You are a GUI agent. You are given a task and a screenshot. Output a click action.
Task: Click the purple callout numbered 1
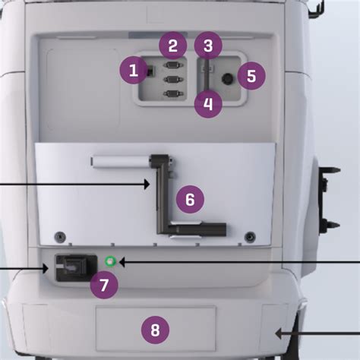coord(134,70)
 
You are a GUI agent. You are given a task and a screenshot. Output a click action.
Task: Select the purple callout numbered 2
coord(173,46)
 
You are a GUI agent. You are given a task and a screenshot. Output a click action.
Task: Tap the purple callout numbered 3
coord(208,46)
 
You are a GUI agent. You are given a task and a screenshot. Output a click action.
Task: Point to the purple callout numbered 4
coord(208,104)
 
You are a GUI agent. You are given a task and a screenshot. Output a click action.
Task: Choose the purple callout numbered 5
coord(251,75)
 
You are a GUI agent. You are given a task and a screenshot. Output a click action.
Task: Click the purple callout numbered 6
coord(190,199)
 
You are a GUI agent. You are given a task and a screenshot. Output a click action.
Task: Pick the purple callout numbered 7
coord(104,285)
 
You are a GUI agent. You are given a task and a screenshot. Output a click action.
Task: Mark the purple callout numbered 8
coord(155,330)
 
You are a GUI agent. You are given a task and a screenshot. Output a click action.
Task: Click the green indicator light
coord(110,261)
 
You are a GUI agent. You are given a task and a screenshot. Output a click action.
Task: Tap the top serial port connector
coord(173,65)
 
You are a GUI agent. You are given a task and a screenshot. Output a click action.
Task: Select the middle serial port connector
coord(173,80)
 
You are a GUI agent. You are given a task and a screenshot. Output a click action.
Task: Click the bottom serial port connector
coord(173,93)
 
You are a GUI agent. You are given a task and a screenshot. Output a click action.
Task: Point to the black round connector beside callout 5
coord(228,79)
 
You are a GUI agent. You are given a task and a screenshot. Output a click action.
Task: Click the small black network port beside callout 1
coord(151,71)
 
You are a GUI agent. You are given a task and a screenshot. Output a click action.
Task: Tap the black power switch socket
coord(76,268)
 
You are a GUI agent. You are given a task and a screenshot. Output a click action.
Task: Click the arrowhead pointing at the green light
coord(122,262)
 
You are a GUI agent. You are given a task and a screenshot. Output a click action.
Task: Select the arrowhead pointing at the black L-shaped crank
coord(147,184)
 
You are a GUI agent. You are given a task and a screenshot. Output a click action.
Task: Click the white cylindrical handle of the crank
coord(121,162)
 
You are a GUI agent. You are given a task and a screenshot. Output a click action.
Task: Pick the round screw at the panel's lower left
coord(60,237)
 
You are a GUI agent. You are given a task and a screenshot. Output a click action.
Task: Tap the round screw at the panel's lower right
coord(250,237)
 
